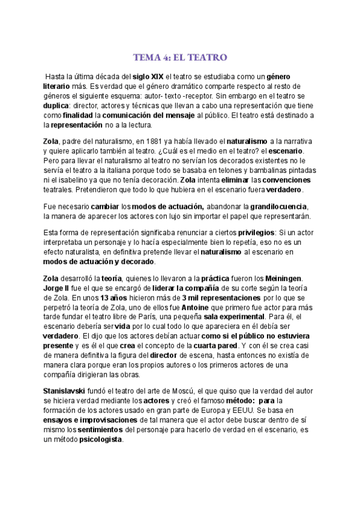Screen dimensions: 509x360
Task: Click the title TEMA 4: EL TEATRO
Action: [x=179, y=58]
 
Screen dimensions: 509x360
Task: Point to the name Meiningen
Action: [x=281, y=278]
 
